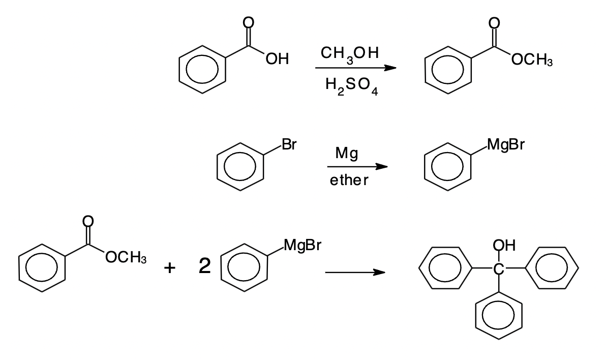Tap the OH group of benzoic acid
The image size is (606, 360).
(x=277, y=60)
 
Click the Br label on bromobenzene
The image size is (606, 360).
(x=289, y=145)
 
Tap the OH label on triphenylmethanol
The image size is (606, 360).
(x=504, y=246)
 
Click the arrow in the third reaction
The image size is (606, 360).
(x=354, y=273)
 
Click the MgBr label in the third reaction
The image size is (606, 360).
(x=302, y=247)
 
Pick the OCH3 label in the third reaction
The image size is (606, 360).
(x=125, y=258)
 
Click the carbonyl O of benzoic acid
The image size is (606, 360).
(x=249, y=22)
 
